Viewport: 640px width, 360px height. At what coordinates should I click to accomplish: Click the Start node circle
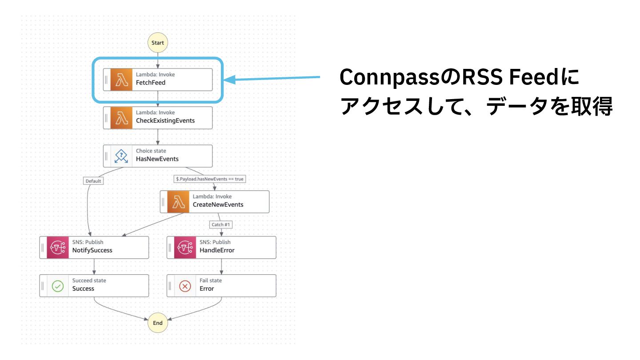(x=158, y=43)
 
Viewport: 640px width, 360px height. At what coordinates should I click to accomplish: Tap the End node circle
(x=158, y=323)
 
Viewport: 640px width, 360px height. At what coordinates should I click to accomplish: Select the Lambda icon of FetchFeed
(x=121, y=80)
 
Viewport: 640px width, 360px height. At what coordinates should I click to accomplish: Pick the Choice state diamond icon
(x=121, y=156)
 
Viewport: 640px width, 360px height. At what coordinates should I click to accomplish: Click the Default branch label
(x=93, y=181)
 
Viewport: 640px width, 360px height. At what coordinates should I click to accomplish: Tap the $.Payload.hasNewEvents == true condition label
(x=210, y=179)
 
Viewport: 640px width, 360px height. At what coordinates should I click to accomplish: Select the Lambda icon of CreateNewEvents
(x=178, y=202)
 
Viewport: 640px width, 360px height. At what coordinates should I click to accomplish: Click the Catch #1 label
(x=221, y=224)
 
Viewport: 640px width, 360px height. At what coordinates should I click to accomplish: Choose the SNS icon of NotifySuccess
(x=58, y=248)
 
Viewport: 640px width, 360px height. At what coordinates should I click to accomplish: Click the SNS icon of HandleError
(x=185, y=248)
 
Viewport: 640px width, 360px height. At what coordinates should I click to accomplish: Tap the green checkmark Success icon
(x=58, y=286)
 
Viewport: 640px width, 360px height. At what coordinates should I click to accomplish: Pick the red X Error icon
(x=185, y=286)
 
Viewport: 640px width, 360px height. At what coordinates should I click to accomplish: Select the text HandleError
(x=217, y=250)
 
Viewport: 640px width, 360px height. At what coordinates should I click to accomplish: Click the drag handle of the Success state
(x=43, y=286)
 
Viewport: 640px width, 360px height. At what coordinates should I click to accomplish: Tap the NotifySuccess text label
(x=92, y=250)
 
